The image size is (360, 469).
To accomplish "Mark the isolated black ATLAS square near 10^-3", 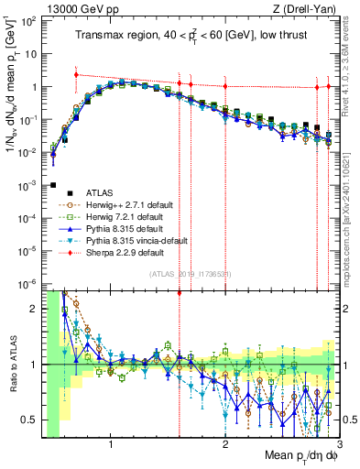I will pyautogui.click(x=53, y=185).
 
